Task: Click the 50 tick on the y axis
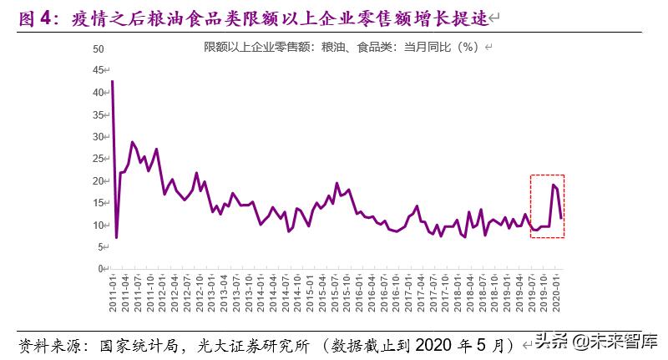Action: [98, 49]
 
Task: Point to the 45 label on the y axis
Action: [98, 70]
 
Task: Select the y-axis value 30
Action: [98, 136]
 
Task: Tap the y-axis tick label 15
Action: [98, 203]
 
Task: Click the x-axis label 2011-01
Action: [113, 292]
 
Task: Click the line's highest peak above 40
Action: [112, 81]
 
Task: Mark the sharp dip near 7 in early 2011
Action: [116, 237]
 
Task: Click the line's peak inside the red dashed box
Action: [553, 185]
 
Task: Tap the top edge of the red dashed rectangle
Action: [548, 175]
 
